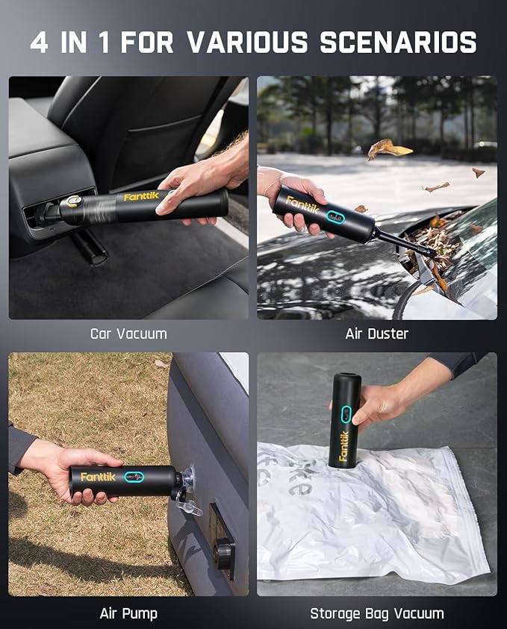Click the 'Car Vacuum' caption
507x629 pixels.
pyautogui.click(x=128, y=334)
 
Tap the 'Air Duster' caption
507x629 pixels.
pyautogui.click(x=376, y=334)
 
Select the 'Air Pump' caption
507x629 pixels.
pyautogui.click(x=128, y=613)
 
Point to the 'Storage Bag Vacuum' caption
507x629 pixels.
pyautogui.click(x=376, y=613)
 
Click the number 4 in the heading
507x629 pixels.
pyautogui.click(x=39, y=43)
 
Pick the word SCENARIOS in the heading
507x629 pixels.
pyautogui.click(x=398, y=43)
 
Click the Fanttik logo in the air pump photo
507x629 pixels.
pyautogui.click(x=98, y=476)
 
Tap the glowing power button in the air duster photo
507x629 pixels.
pyautogui.click(x=335, y=220)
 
